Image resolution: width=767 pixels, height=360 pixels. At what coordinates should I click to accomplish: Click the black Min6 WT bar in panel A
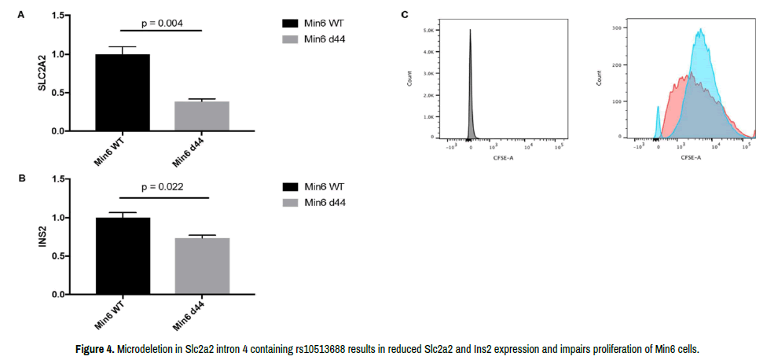(122, 93)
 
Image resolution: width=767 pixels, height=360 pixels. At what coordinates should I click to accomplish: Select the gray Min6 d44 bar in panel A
(201, 116)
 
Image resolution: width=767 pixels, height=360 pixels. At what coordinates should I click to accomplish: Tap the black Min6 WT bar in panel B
(122, 255)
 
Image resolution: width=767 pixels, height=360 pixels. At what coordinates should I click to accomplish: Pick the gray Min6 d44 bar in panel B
(201, 266)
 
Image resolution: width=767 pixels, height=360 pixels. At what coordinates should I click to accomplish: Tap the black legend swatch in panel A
(292, 24)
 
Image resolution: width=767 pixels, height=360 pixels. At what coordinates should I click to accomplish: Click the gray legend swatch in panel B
(292, 202)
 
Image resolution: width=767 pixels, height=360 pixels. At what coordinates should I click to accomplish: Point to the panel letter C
(405, 14)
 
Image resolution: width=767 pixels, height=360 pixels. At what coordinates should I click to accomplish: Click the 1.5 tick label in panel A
(57, 16)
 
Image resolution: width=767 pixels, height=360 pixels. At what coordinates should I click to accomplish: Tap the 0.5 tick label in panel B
(57, 256)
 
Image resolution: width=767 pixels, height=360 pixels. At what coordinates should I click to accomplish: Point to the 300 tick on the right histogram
(617, 27)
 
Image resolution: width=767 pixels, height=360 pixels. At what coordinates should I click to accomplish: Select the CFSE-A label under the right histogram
(691, 157)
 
